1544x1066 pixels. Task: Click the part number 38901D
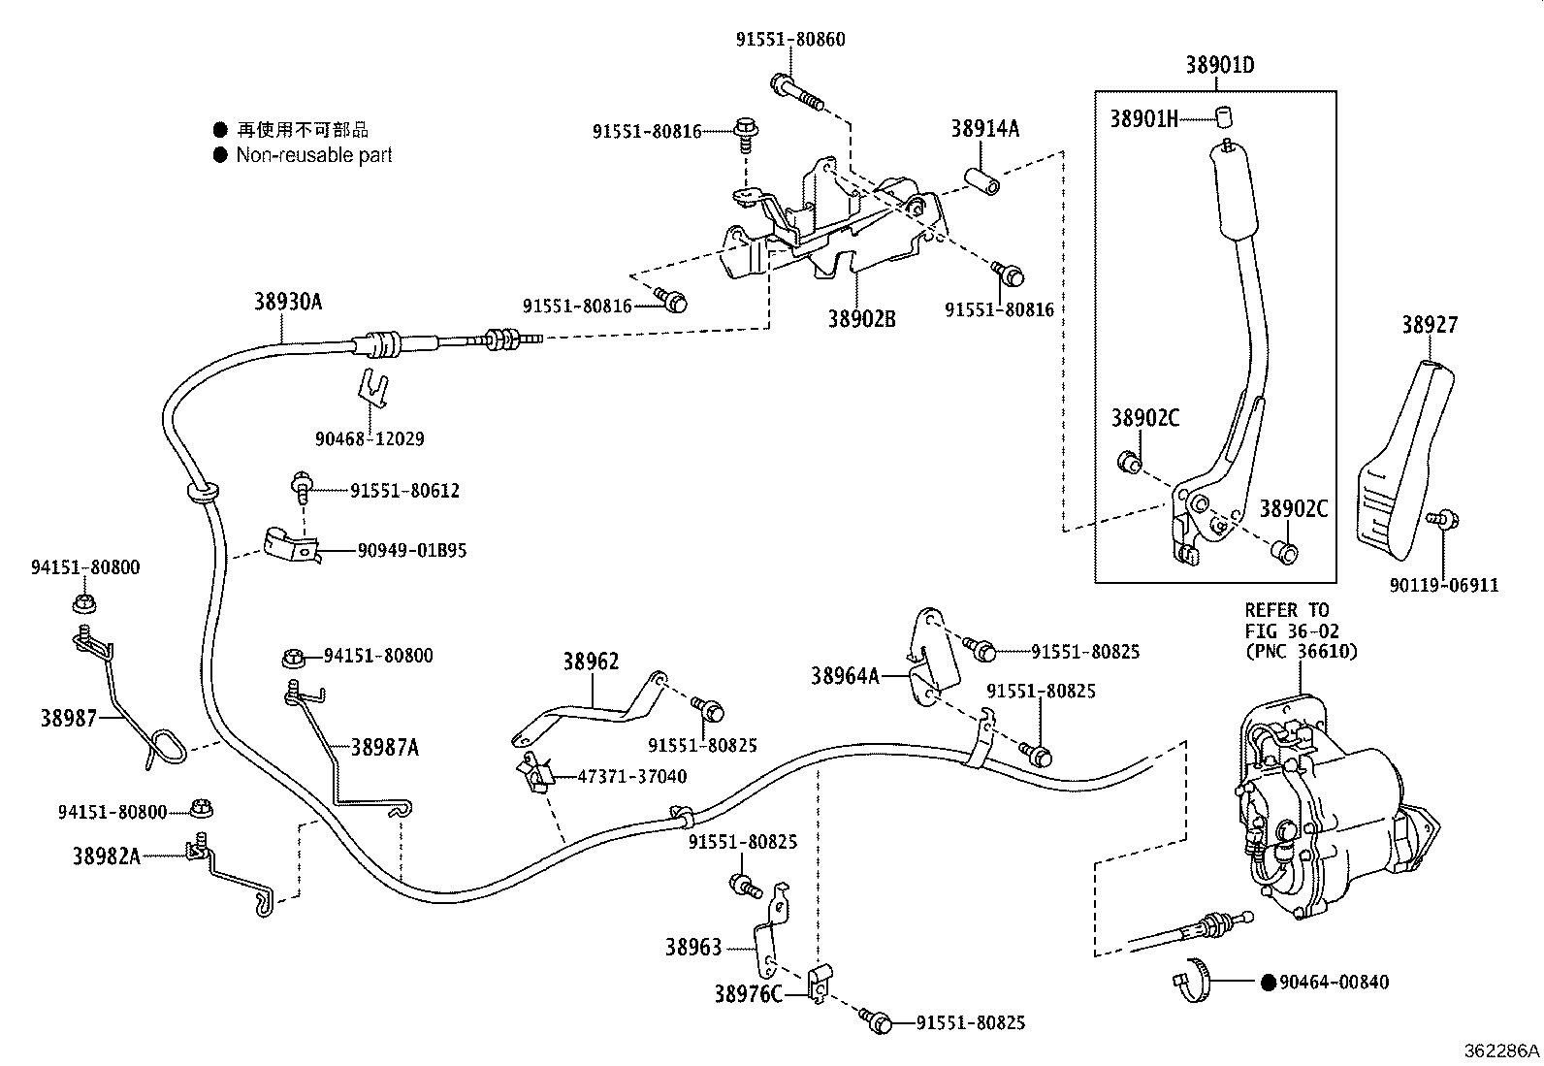1219,65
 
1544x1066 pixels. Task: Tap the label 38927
1429,325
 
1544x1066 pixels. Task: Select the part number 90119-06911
1443,585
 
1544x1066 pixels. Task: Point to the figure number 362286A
1501,1050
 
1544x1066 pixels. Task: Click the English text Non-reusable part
313,155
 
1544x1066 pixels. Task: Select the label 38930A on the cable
288,302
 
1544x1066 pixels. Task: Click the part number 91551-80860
790,40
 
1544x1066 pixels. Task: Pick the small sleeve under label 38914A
981,181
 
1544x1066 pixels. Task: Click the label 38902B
861,318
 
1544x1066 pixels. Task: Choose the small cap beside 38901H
1223,118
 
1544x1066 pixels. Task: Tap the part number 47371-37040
631,776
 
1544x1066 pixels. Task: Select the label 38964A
845,675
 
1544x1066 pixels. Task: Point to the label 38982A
106,856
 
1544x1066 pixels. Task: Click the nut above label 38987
82,603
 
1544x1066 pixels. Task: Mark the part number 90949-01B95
412,550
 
